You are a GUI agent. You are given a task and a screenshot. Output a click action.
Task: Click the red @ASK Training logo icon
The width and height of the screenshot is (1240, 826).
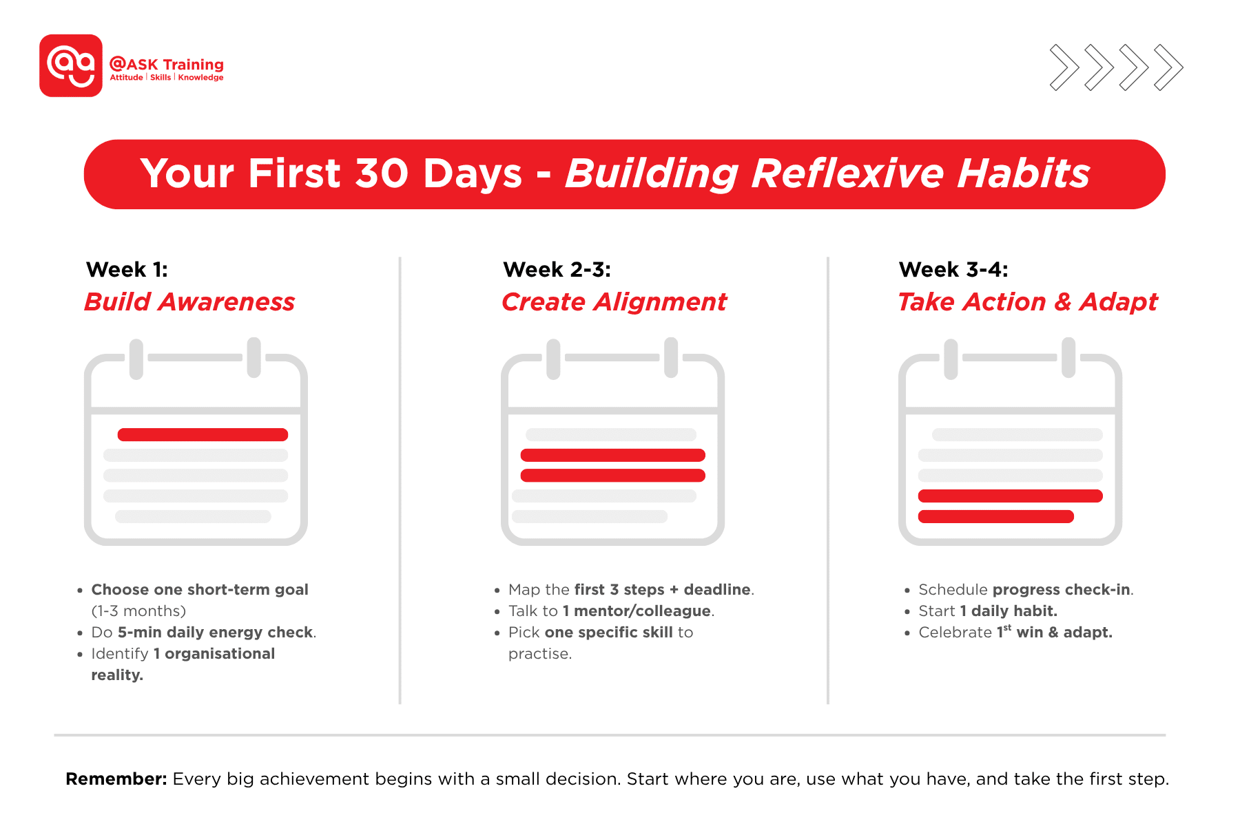[x=71, y=65]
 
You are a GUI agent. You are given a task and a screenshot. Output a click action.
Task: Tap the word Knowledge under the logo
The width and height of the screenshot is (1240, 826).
[x=200, y=78]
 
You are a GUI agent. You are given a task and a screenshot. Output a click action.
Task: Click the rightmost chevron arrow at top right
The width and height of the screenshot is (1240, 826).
[x=1168, y=67]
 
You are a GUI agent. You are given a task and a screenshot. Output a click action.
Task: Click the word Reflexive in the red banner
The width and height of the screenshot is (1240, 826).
[x=847, y=173]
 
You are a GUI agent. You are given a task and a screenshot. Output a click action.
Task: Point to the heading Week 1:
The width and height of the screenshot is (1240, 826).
[x=127, y=269]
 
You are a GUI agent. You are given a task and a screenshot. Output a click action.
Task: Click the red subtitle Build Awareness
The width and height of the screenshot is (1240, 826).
[x=189, y=302]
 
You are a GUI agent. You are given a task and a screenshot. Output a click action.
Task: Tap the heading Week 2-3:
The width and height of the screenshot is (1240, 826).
[x=557, y=269]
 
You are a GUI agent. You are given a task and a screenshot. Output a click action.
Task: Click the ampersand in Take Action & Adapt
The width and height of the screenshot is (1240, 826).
[x=1062, y=302]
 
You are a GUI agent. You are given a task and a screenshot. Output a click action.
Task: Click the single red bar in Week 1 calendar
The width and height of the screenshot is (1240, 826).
[x=203, y=435]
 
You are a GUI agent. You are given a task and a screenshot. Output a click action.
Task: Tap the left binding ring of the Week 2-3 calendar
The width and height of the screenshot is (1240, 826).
[x=553, y=359]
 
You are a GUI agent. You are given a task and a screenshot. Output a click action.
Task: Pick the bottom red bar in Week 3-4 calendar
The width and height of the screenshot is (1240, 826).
[x=995, y=517]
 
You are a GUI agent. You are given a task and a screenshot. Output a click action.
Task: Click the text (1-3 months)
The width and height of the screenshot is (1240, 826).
[x=138, y=611]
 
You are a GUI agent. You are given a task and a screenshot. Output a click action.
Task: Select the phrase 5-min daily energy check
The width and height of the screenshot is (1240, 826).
[x=215, y=633]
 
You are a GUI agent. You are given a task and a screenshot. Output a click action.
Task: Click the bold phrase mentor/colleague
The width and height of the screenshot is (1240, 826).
[x=642, y=611]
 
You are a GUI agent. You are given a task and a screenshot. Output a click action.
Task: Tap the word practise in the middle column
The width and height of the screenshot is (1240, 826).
[x=539, y=654]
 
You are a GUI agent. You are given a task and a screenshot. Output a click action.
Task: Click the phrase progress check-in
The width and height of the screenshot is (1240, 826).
[x=1061, y=590]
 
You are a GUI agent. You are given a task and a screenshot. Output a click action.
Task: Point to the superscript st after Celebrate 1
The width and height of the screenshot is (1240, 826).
[x=1007, y=627]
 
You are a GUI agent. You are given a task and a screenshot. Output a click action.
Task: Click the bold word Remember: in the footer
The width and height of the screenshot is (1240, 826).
[x=116, y=779]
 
